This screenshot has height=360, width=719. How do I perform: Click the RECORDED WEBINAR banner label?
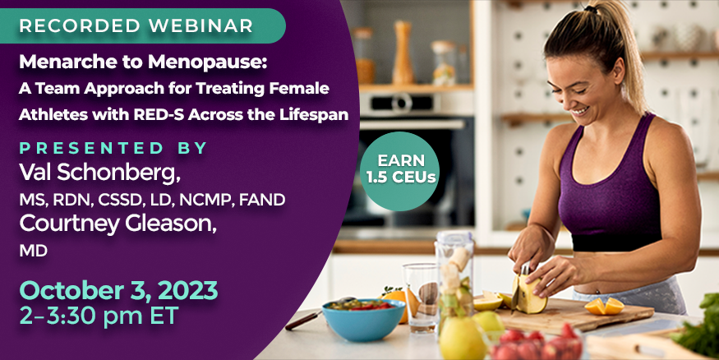click(x=136, y=25)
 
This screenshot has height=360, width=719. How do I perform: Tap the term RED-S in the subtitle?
click(x=159, y=114)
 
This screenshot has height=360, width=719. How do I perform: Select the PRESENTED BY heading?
click(x=113, y=148)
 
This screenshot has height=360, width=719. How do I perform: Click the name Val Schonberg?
click(x=99, y=173)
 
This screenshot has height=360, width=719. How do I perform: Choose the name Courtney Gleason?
click(x=118, y=224)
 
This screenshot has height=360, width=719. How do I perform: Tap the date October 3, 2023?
click(x=118, y=290)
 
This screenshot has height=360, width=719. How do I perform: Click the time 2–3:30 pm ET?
click(x=99, y=316)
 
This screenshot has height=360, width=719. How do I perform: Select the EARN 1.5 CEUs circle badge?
click(x=400, y=171)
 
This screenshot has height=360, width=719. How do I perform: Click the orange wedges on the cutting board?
click(x=604, y=306)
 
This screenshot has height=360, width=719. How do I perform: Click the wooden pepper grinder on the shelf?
click(x=403, y=52)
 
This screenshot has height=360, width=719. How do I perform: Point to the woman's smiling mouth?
click(x=582, y=110)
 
